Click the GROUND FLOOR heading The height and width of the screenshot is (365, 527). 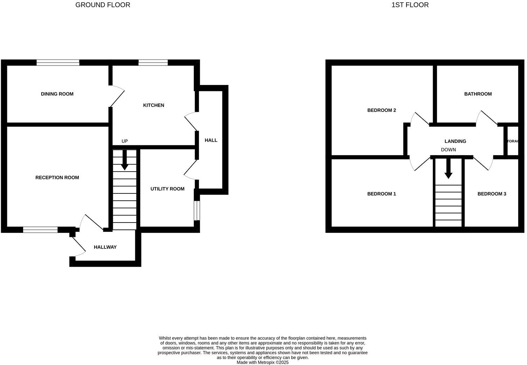(x=103, y=5)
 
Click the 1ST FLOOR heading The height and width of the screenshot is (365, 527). (x=410, y=5)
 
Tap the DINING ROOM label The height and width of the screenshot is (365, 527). (x=57, y=94)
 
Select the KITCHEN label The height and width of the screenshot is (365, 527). (x=153, y=105)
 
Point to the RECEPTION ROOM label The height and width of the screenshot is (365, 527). (x=57, y=178)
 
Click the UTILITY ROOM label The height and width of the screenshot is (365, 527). (x=167, y=189)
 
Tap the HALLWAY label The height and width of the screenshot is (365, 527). (x=105, y=247)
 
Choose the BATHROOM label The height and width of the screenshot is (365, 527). (x=478, y=94)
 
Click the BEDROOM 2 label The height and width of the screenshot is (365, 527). (x=382, y=110)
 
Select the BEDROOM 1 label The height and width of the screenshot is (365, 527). (x=382, y=194)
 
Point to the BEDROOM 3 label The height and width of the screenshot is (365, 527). (x=492, y=194)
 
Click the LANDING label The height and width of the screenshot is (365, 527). (x=455, y=141)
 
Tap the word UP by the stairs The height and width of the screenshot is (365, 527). (x=124, y=141)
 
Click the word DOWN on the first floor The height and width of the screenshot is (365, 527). (x=448, y=150)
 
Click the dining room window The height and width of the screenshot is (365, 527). (x=58, y=63)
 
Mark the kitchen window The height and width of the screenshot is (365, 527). (x=153, y=63)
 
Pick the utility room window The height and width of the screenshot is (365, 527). (x=197, y=211)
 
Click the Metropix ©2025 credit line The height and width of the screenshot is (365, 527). (x=262, y=363)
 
